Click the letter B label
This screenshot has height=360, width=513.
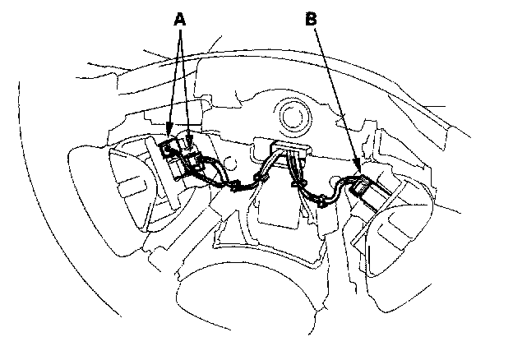pos(311,18)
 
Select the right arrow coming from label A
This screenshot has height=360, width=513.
pos(187,82)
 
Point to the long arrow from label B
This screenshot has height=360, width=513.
pos(335,99)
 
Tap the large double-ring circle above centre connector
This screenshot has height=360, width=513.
pos(291,112)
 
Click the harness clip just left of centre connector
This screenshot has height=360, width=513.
pos(265,176)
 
